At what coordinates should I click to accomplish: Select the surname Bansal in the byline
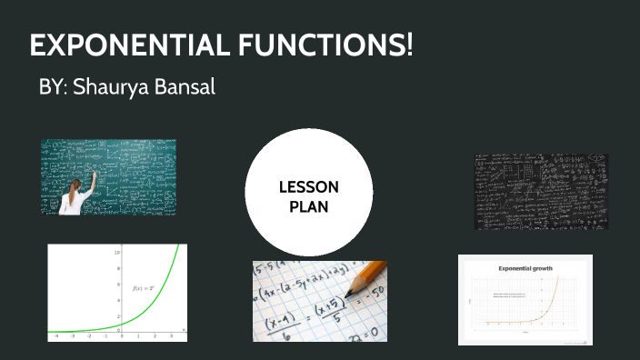click(186, 88)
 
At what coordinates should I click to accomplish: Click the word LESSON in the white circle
click(309, 187)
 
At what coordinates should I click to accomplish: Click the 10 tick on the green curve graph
click(116, 250)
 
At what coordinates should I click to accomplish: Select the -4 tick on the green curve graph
click(56, 335)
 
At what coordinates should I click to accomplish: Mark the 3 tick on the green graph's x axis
click(170, 335)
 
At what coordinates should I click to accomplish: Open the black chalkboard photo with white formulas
click(541, 191)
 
